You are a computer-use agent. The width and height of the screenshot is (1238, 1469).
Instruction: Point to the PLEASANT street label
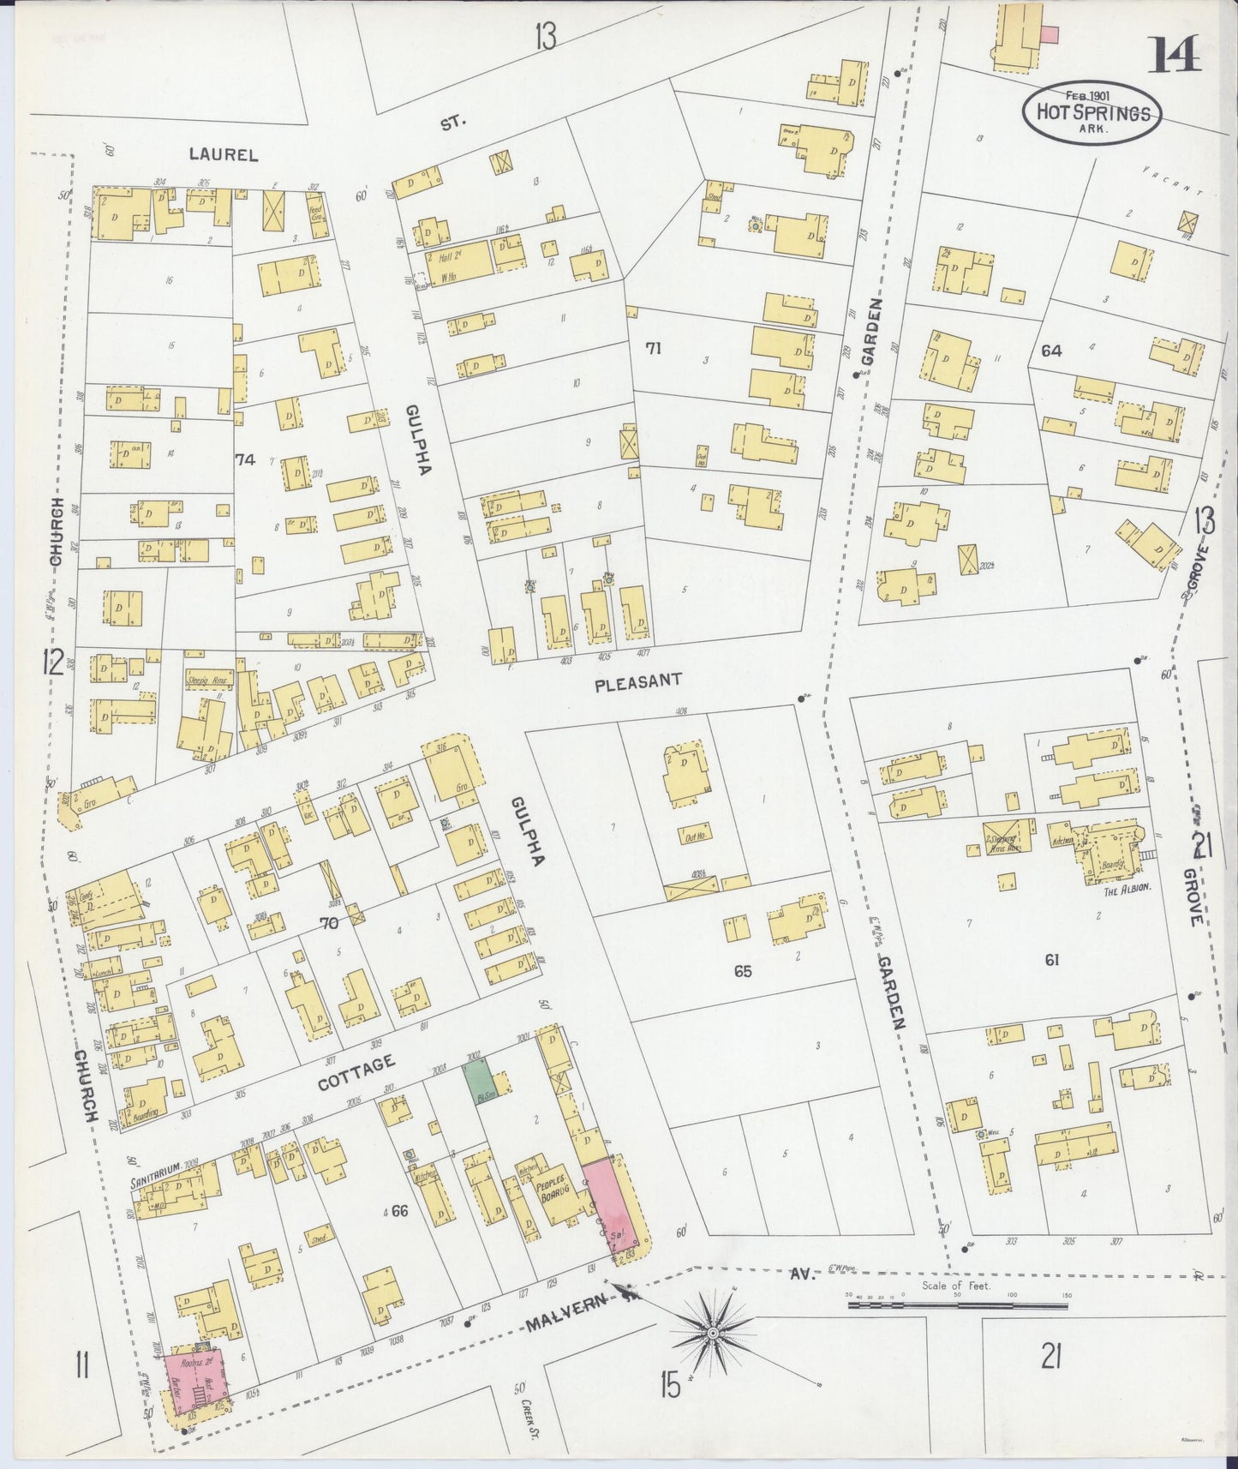(x=638, y=680)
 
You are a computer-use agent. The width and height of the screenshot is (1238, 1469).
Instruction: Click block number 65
(x=742, y=971)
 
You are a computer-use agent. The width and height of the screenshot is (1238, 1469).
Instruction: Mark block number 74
(x=245, y=460)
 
